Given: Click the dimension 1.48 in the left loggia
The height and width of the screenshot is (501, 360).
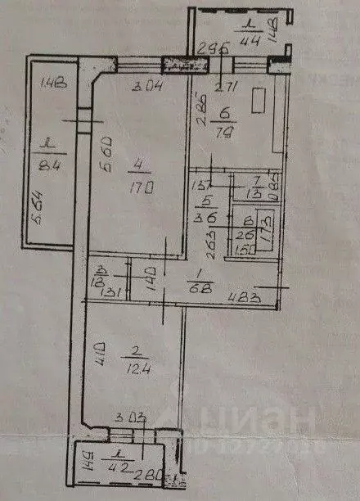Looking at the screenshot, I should [52, 82].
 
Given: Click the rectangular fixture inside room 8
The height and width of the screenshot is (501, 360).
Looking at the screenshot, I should [264, 223].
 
